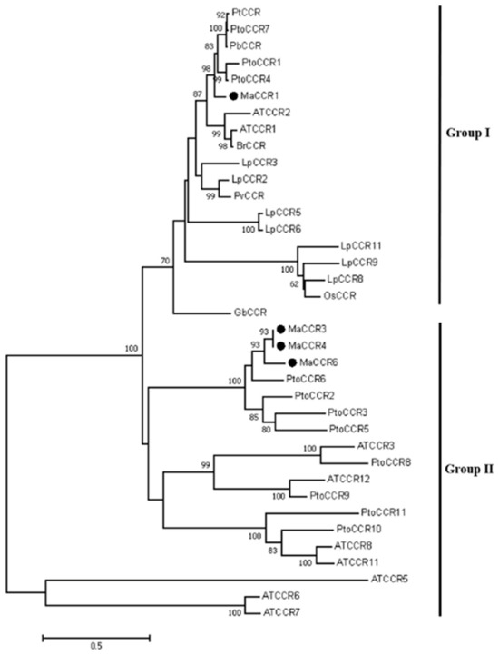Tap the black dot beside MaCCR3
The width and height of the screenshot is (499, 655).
(x=282, y=328)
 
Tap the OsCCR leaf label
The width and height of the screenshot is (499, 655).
(x=341, y=295)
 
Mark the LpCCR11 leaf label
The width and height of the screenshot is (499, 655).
(x=360, y=245)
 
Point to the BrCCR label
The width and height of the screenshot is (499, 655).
(x=250, y=144)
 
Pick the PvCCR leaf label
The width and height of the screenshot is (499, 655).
(x=248, y=194)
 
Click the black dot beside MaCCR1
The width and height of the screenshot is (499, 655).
(x=233, y=95)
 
